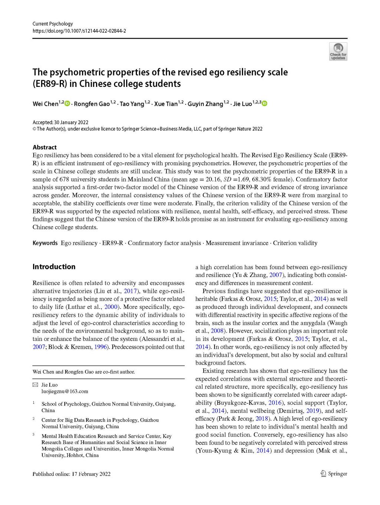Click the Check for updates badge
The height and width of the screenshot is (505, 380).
click(x=338, y=52)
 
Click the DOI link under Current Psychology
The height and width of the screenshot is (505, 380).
click(x=79, y=31)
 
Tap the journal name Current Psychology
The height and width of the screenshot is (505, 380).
click(x=53, y=23)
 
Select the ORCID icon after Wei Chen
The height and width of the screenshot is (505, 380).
click(x=67, y=103)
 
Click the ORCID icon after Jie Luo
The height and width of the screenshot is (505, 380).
click(x=264, y=103)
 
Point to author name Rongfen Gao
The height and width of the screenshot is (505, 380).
click(x=92, y=104)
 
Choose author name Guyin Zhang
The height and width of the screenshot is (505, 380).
click(x=205, y=104)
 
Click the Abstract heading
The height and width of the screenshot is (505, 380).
click(x=45, y=147)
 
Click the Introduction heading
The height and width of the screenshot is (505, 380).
click(x=54, y=267)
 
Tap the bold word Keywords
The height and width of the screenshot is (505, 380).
click(x=45, y=243)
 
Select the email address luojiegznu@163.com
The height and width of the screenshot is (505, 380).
click(x=65, y=391)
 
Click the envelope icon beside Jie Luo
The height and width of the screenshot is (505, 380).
click(x=35, y=385)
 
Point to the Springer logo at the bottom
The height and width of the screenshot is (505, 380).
click(x=333, y=473)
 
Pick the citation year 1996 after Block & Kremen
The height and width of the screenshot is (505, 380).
click(x=100, y=347)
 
